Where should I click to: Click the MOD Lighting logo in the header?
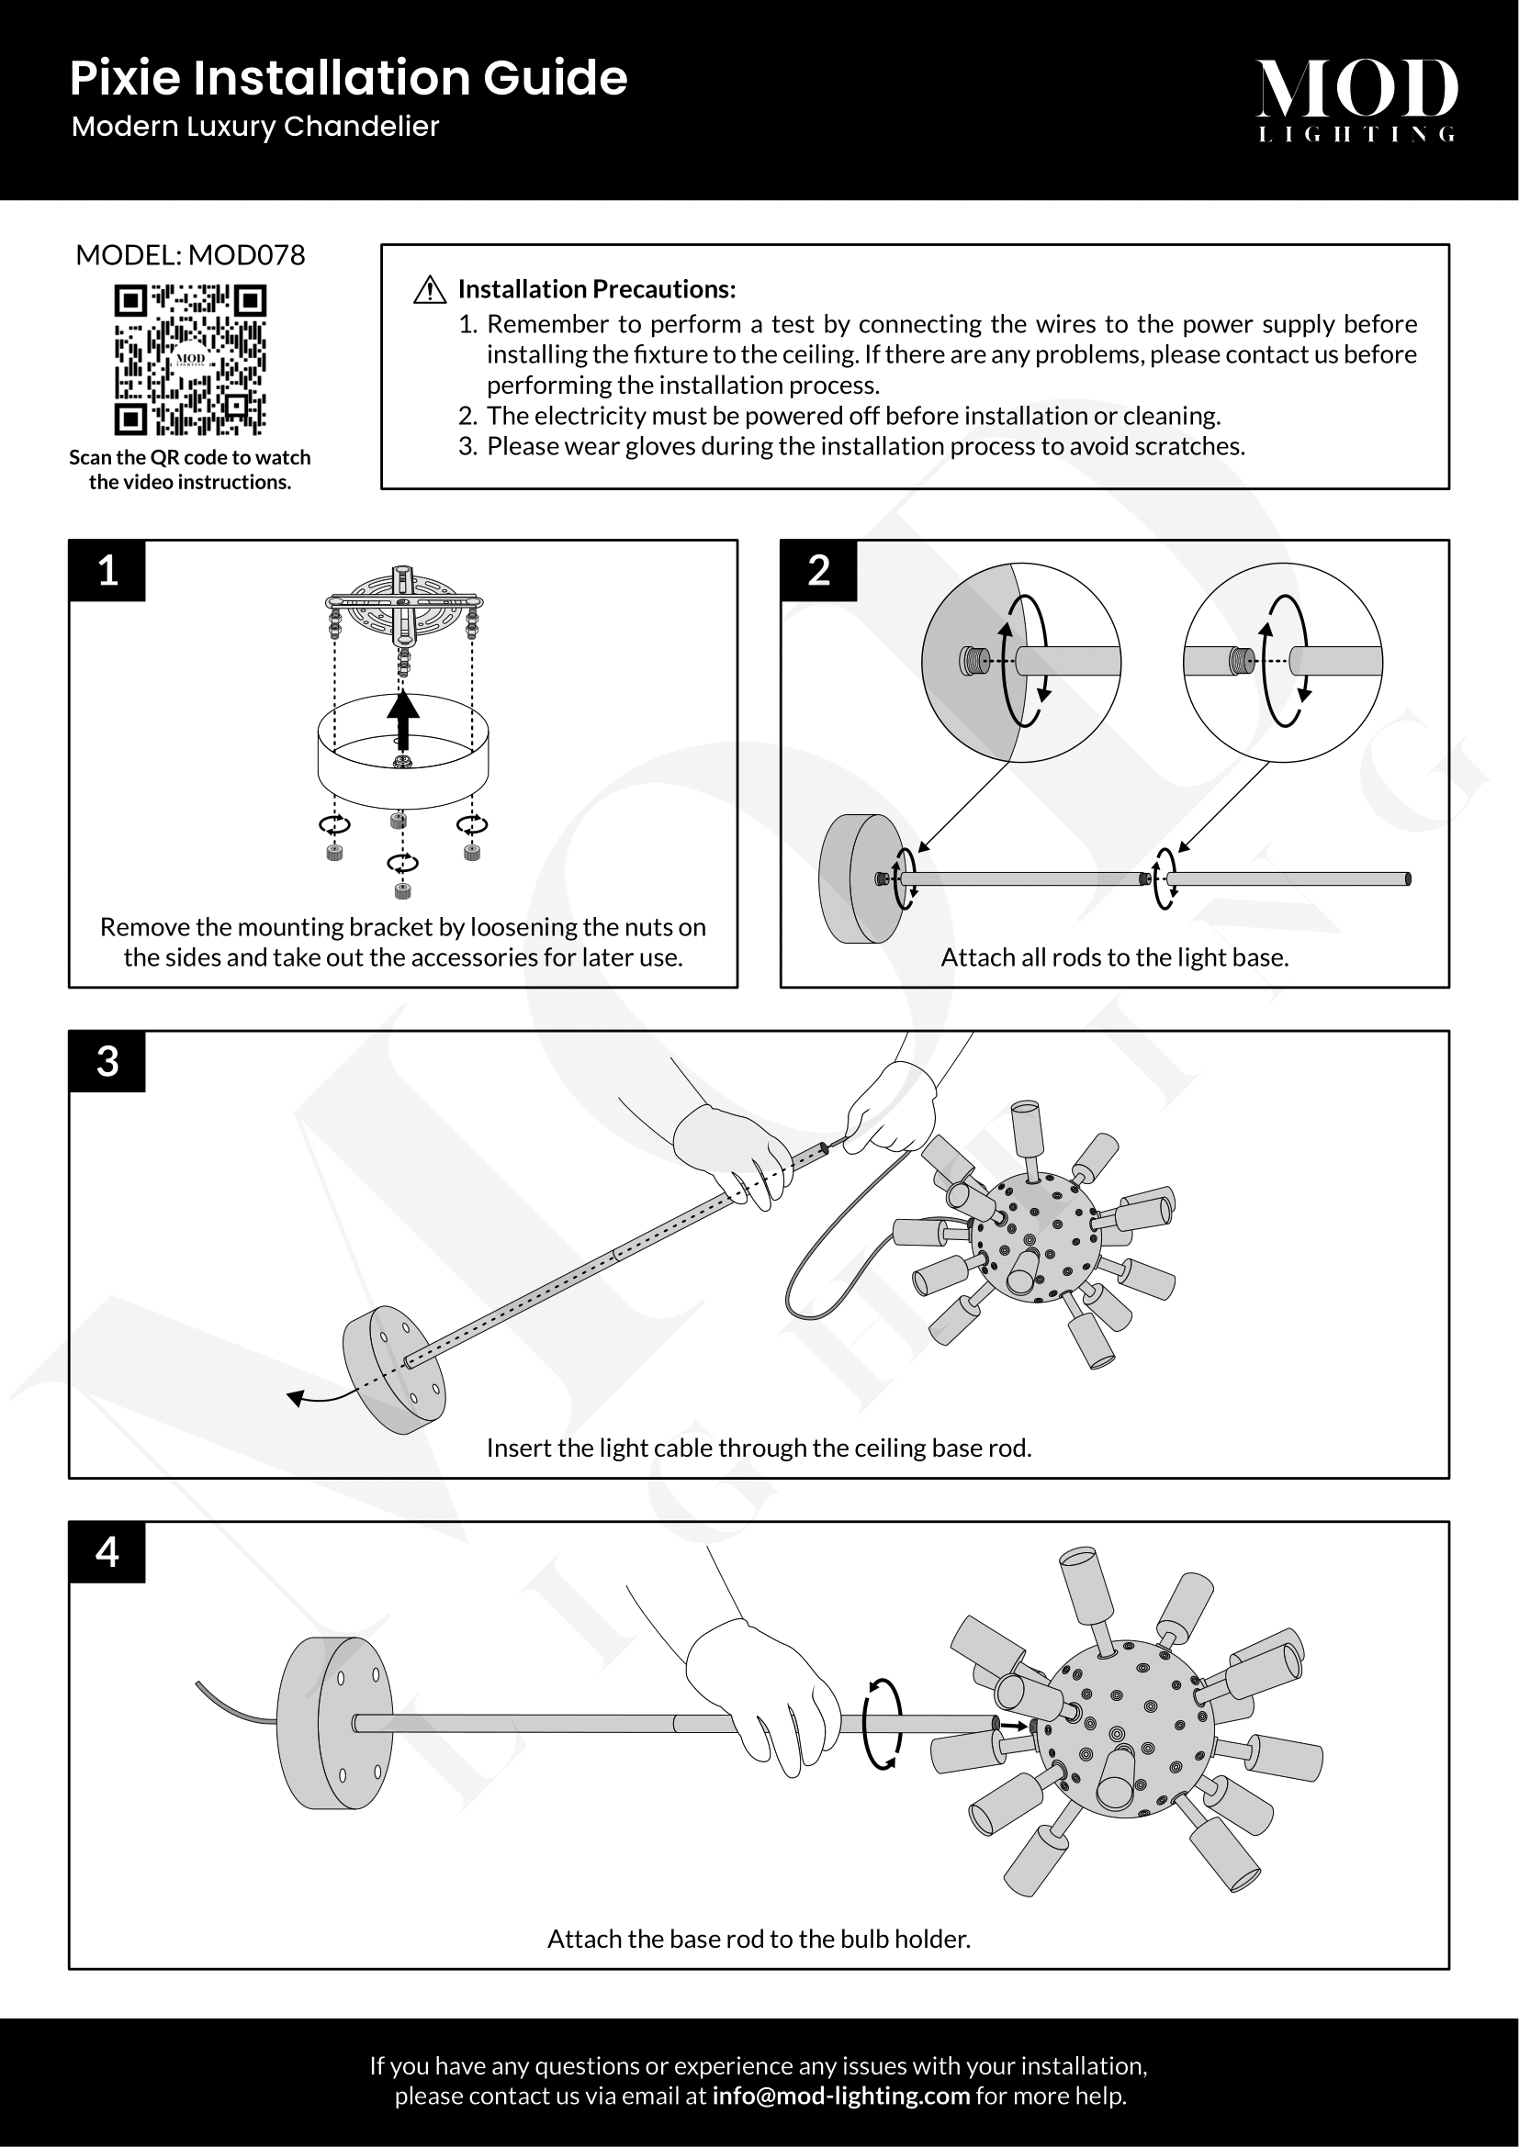tap(1356, 99)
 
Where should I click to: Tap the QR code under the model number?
tap(190, 360)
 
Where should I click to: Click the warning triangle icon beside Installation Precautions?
tap(429, 290)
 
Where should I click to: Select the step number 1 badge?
tap(107, 570)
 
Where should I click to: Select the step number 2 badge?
tap(818, 570)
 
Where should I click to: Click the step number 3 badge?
tap(107, 1061)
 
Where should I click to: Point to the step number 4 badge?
tap(107, 1552)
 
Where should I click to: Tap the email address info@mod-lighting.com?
tap(840, 2096)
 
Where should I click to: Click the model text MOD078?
tap(247, 255)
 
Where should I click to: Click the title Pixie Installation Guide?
tap(348, 78)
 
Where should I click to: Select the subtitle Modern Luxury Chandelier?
tap(255, 127)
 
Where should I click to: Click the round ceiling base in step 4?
tap(335, 1724)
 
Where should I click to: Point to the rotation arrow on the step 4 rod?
tap(881, 1724)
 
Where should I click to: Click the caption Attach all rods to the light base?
tap(1114, 957)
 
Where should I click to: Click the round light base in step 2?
tap(859, 878)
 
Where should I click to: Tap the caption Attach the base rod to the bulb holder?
tap(759, 1939)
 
